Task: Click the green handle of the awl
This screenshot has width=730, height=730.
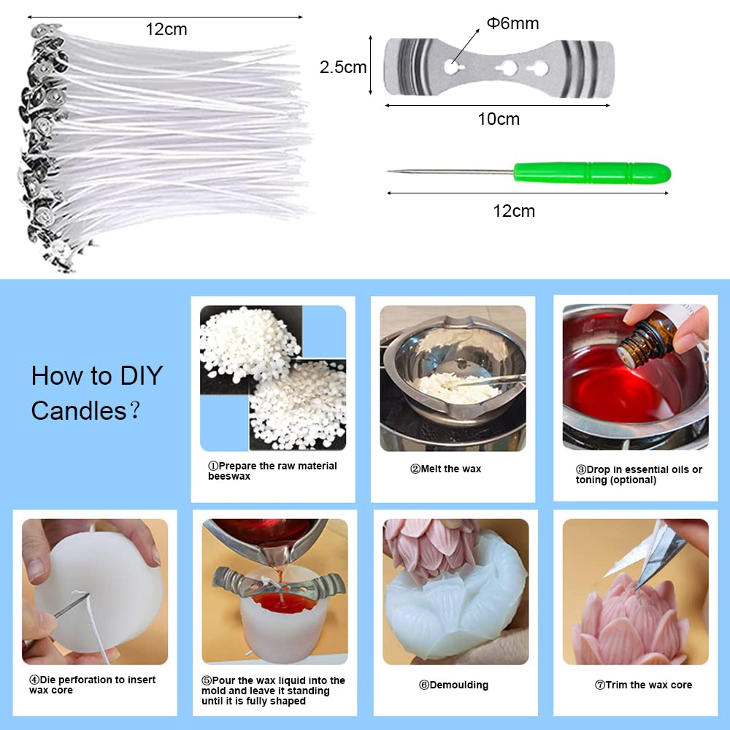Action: (x=591, y=173)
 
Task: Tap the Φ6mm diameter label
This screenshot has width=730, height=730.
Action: (x=512, y=23)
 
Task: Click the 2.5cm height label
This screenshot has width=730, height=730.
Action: (x=343, y=68)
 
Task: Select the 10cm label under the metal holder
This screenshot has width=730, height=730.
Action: (x=499, y=119)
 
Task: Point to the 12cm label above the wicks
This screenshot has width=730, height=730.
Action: (x=166, y=29)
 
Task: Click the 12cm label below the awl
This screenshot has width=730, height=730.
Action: (x=513, y=211)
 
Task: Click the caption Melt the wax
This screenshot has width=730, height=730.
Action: (x=445, y=469)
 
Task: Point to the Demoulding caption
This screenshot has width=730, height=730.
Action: (x=453, y=685)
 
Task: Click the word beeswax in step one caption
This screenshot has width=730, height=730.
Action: (x=228, y=476)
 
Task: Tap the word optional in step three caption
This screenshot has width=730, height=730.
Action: (x=636, y=480)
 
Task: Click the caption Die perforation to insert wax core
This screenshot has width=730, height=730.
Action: (x=93, y=685)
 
